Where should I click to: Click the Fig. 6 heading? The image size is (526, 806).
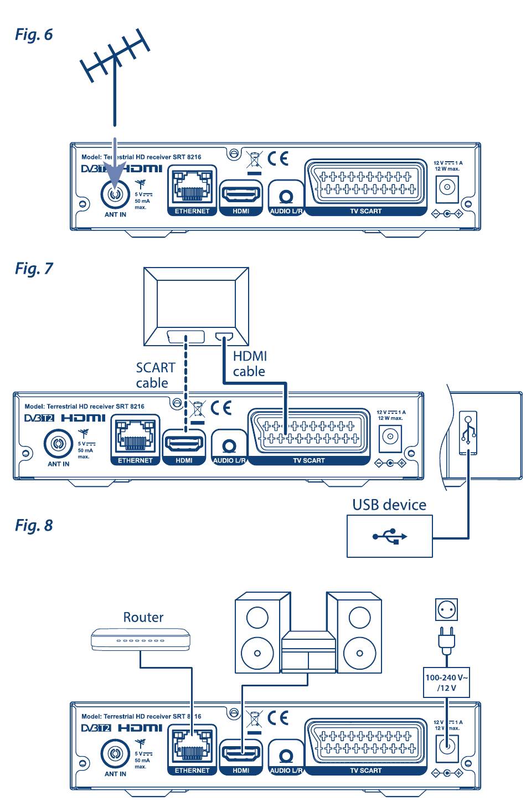[x=34, y=35]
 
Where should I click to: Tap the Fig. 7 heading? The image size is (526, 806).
[x=34, y=269]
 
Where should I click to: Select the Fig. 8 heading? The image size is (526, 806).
[x=34, y=525]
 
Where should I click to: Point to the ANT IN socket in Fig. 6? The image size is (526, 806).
[x=115, y=194]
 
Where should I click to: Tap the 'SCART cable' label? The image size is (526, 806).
[x=155, y=375]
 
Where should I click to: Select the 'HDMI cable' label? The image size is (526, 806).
[x=250, y=363]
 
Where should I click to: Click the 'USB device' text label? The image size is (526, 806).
[x=389, y=505]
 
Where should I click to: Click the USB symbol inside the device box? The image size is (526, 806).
[x=389, y=536]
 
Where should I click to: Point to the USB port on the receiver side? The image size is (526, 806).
[x=468, y=433]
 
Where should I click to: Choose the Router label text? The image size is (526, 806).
[x=143, y=617]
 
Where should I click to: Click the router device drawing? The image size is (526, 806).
[x=141, y=639]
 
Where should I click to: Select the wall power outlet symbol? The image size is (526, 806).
[x=446, y=609]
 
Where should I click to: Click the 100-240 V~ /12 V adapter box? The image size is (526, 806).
[x=446, y=682]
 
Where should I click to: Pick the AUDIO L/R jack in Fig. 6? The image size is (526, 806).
[x=286, y=197]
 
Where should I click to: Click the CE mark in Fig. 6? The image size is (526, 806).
[x=278, y=159]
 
